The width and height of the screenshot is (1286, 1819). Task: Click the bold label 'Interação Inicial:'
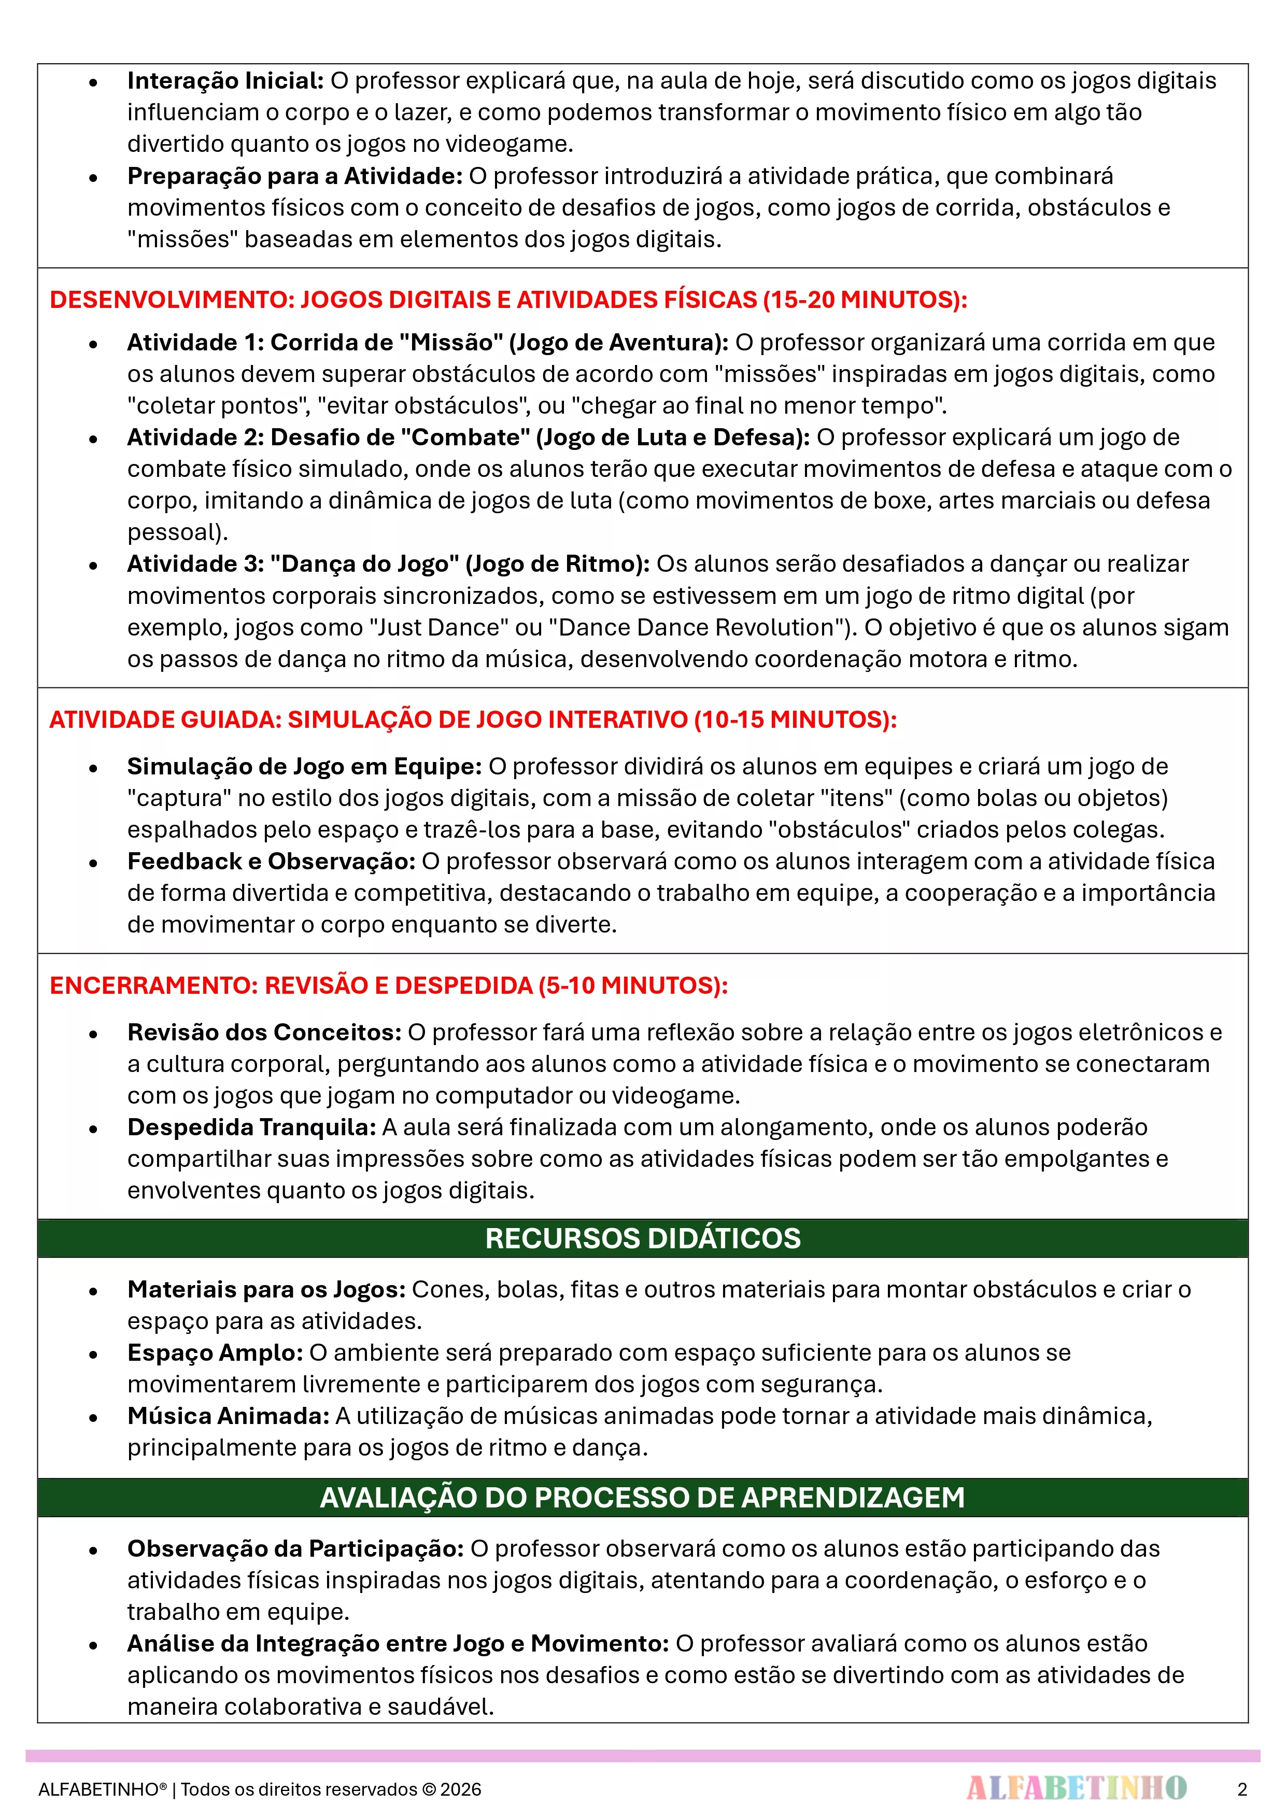225,81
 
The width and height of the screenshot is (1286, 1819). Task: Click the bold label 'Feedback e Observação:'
271,861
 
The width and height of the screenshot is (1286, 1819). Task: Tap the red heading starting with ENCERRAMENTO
388,985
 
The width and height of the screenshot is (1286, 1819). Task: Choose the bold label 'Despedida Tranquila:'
251,1127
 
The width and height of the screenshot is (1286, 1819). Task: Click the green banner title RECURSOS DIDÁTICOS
643,1238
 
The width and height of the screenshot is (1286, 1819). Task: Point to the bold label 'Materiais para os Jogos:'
266,1290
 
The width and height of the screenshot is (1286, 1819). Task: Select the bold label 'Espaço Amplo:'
215,1353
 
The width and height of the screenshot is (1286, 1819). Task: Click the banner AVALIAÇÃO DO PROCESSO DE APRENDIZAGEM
643,1498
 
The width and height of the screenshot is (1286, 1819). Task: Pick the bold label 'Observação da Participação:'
295,1549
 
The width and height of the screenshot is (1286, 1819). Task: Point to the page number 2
1241,1789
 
